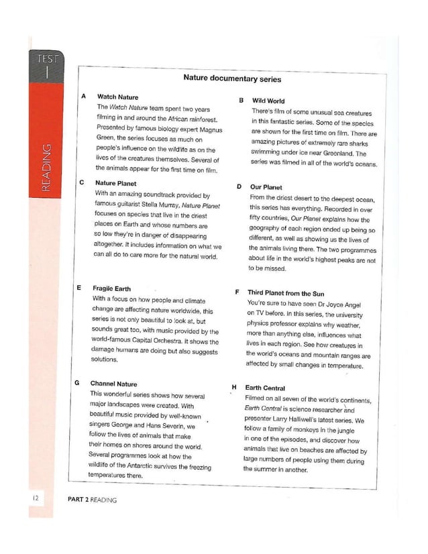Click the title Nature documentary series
point(232,79)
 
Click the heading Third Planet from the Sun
point(286,293)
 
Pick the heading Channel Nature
point(113,384)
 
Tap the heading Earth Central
point(266,388)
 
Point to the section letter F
point(237,292)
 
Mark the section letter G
point(79,384)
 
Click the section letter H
point(234,388)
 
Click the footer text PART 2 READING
point(93,499)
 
